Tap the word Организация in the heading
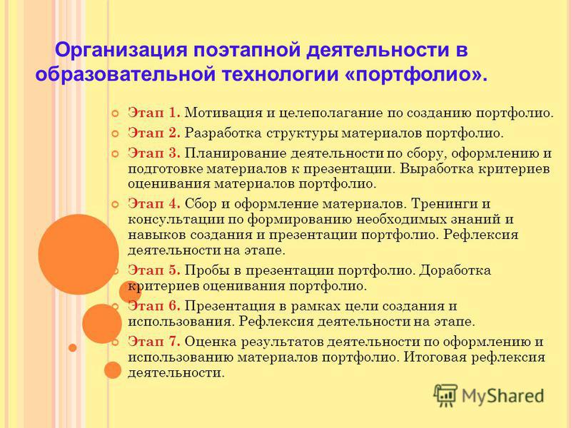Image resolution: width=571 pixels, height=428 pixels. coord(121,50)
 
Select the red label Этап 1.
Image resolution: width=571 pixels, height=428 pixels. coord(154,113)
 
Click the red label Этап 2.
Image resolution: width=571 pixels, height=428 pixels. coord(154,133)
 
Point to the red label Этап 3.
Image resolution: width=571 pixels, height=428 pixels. coord(154,153)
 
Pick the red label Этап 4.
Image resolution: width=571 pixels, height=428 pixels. coord(154,203)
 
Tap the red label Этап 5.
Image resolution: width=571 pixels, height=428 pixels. coord(154,270)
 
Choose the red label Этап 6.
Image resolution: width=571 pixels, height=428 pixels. coord(154,306)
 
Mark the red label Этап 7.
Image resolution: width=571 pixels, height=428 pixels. coord(154,342)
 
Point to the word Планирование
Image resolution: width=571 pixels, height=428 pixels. coord(236,153)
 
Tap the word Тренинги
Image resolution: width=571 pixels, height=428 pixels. coord(442,204)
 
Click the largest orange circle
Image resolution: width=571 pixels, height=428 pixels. coord(79,255)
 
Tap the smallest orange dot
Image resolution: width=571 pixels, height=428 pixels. coord(73,348)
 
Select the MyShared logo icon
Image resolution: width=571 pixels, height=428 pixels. coord(445,395)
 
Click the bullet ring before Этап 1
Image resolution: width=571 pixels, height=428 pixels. coord(115,113)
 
